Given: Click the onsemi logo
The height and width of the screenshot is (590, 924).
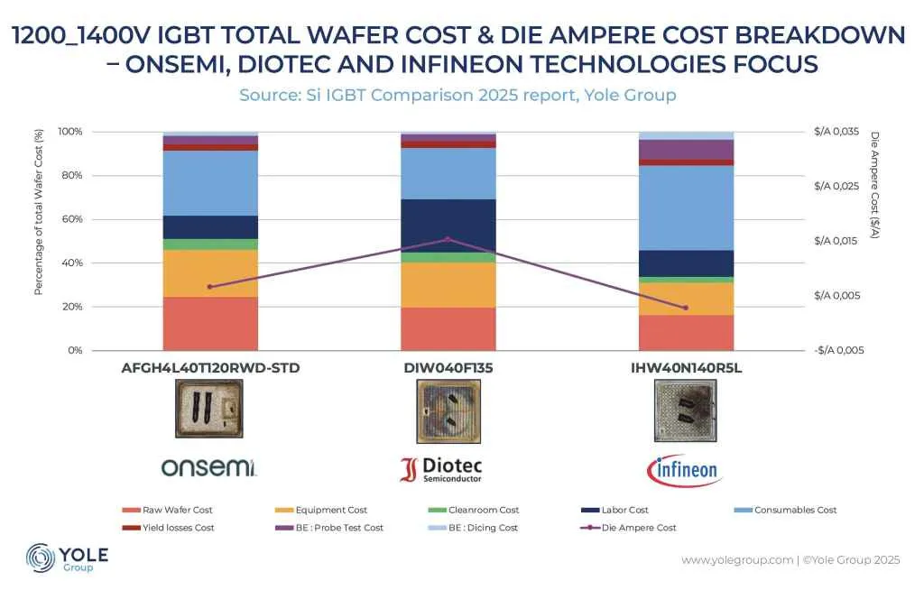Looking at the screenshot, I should (x=209, y=467).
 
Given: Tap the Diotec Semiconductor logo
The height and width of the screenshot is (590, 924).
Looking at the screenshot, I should (x=441, y=469).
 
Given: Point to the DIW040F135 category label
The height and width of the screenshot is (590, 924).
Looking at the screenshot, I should (x=448, y=368).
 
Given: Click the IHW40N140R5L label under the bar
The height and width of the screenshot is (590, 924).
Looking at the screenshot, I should (x=686, y=368).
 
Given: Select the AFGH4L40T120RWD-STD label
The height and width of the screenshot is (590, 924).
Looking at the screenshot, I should (x=210, y=368).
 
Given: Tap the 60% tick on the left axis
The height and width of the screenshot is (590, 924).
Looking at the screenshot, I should (x=70, y=219).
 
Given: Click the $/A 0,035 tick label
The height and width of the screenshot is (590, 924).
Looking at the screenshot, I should (x=837, y=132).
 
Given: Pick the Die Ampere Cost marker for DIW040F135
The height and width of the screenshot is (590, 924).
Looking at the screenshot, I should (x=448, y=239).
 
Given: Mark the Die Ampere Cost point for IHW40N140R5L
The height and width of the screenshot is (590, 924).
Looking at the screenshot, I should (x=686, y=308).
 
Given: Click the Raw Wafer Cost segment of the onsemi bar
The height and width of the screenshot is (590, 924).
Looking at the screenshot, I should (x=210, y=323).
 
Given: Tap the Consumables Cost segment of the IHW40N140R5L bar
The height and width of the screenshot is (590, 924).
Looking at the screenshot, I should (x=686, y=207).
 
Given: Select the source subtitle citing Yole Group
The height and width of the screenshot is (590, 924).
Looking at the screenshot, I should (x=457, y=95).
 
